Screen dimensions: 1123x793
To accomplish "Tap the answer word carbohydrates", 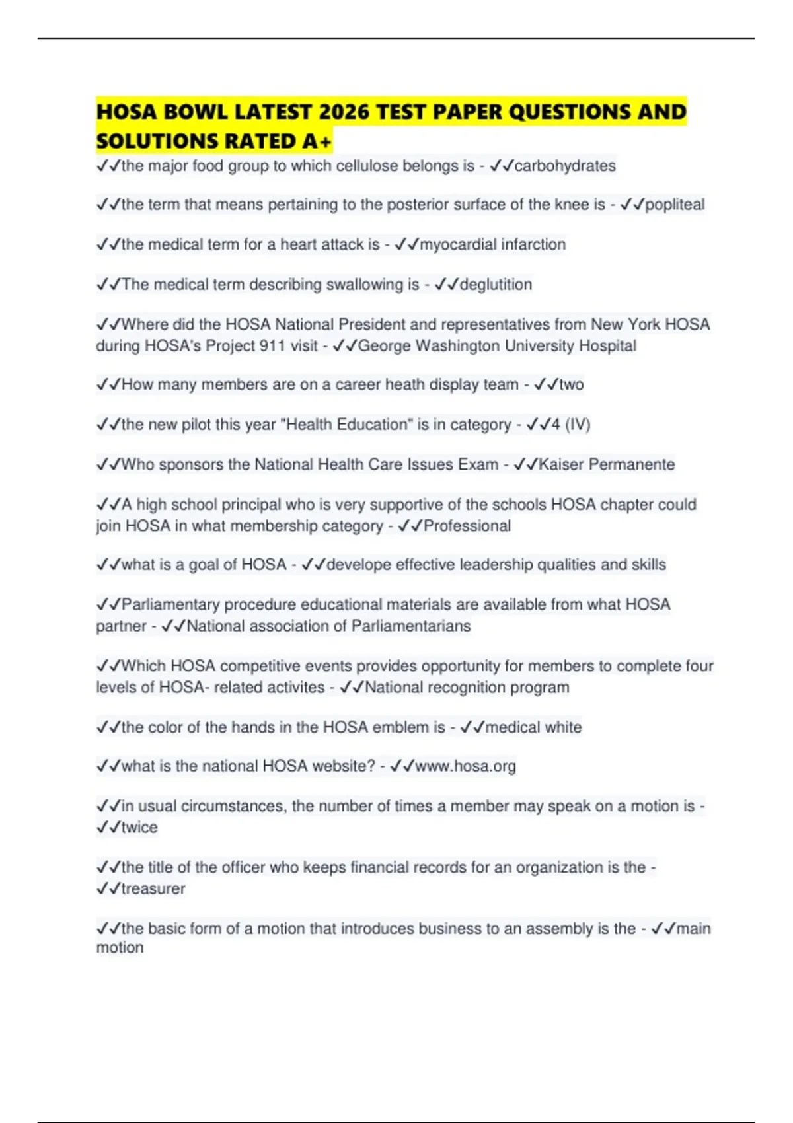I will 565,166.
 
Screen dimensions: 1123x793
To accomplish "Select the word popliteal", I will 675,205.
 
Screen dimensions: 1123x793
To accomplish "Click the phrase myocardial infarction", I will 493,244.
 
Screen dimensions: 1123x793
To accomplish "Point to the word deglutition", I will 496,285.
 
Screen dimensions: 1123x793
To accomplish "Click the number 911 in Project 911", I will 272,346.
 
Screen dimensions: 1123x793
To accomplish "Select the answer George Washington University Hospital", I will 497,346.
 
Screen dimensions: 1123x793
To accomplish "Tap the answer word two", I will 572,384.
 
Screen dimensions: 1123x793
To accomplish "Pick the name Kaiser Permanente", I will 607,464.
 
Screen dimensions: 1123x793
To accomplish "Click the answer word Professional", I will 467,526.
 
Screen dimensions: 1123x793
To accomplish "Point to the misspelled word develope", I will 357,565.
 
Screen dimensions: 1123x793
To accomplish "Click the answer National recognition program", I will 467,688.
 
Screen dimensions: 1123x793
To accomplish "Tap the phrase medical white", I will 533,727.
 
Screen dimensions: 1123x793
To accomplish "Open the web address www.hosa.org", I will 465,766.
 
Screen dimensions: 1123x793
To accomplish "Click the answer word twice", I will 139,828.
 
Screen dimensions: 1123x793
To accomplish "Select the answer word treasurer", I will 153,889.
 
